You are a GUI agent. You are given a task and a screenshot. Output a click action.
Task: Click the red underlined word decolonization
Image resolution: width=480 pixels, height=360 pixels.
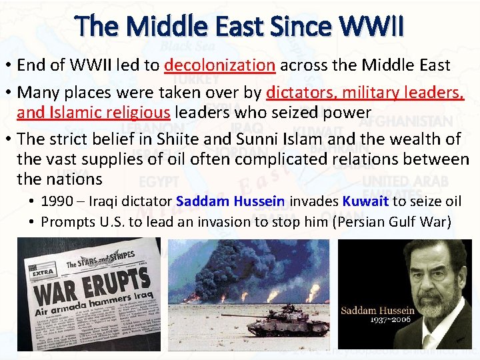pyautogui.click(x=220, y=65)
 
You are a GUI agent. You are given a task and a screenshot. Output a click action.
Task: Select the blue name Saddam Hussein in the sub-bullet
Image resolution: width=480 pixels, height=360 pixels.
pyautogui.click(x=231, y=201)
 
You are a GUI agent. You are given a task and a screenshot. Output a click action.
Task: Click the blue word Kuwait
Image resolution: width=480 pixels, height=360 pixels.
pyautogui.click(x=366, y=201)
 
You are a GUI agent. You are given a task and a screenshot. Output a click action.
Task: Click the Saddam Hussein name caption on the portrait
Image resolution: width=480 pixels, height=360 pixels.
pyautogui.click(x=377, y=311)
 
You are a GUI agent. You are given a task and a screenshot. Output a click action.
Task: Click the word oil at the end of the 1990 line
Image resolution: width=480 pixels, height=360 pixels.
pyautogui.click(x=453, y=201)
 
